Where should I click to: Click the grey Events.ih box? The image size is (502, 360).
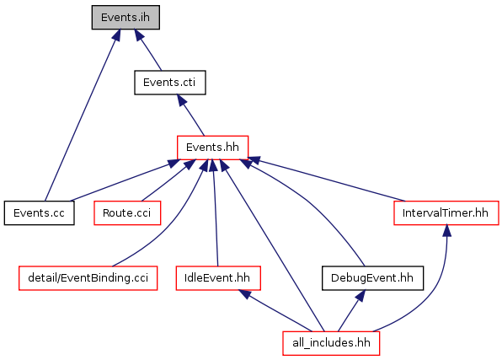point(125,18)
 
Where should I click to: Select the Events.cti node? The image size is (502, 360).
point(169,83)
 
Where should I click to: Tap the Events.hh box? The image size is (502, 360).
point(212,148)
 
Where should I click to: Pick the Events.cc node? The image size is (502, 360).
point(39,212)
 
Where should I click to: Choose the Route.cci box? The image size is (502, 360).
point(127,212)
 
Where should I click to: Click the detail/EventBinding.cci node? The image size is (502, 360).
point(88,278)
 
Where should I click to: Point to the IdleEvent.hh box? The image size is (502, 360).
point(218,278)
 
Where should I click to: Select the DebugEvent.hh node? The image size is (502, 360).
point(372,278)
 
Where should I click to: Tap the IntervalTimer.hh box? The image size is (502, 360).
point(446,212)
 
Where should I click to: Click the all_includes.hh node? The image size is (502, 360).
point(331,343)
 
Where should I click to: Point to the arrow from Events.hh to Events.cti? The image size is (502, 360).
point(190,116)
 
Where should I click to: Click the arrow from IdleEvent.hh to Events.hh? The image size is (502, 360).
point(215,212)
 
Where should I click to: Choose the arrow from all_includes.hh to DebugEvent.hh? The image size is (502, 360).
point(351,310)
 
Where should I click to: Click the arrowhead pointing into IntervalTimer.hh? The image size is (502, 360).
point(447,231)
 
